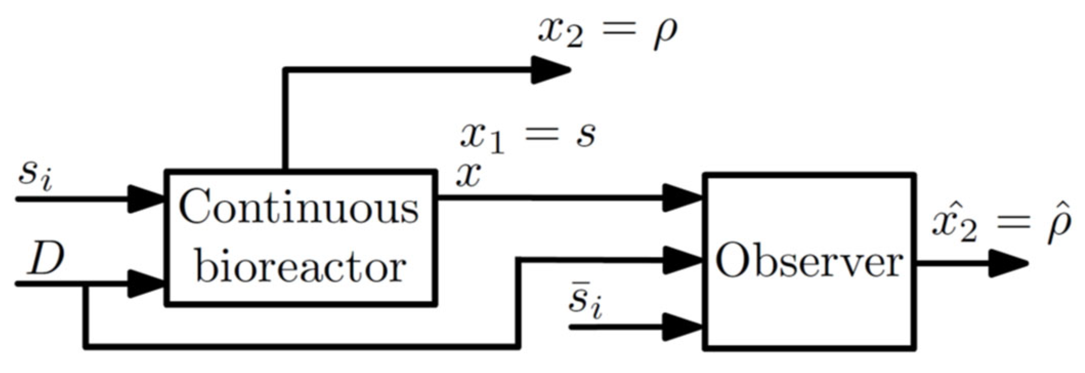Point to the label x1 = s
528,135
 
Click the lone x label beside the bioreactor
468,176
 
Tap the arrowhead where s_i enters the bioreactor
145,199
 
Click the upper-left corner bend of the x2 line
286,70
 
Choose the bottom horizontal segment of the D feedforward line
302,347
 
